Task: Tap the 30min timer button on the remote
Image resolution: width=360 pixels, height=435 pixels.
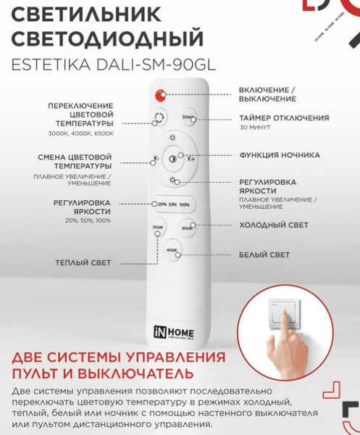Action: click(187, 117)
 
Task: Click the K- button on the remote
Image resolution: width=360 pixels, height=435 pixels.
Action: click(156, 159)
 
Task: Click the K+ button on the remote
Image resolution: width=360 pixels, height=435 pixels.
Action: click(191, 159)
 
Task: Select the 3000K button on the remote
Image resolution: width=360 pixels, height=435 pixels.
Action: click(158, 229)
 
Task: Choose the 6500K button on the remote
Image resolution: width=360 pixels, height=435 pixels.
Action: click(188, 229)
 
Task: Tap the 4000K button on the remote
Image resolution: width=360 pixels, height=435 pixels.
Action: click(172, 252)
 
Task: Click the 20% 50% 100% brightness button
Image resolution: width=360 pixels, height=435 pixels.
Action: click(173, 205)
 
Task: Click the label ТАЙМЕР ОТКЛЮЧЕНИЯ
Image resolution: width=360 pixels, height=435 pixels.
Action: click(284, 117)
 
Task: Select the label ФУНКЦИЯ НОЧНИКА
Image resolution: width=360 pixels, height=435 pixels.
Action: click(280, 155)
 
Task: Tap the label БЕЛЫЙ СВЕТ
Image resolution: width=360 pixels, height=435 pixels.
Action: click(264, 255)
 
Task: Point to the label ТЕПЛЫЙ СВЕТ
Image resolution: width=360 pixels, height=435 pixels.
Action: click(84, 262)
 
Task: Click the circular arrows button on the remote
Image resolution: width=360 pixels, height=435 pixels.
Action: click(159, 117)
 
